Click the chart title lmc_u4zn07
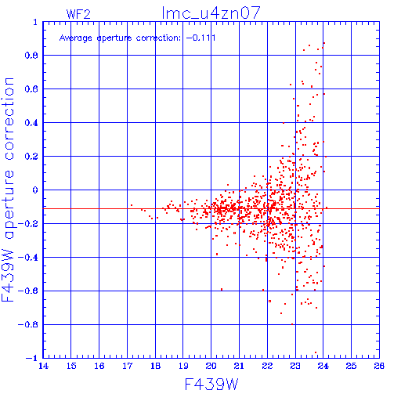(x=211, y=13)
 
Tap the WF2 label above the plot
(x=78, y=14)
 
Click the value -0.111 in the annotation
(x=201, y=38)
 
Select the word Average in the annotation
(x=76, y=38)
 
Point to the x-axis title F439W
(x=211, y=384)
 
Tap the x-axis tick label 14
(x=43, y=366)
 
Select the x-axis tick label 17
(x=128, y=366)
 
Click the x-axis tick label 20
(x=211, y=366)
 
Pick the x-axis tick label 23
(x=295, y=366)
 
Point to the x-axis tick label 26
(x=379, y=366)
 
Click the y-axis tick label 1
(x=35, y=22)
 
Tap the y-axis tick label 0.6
(x=31, y=89)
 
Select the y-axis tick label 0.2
(x=31, y=157)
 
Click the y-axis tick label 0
(x=35, y=190)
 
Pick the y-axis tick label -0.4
(x=28, y=258)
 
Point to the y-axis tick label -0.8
(x=28, y=324)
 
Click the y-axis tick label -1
(x=32, y=358)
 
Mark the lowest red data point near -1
(x=316, y=352)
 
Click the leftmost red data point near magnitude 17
(x=132, y=205)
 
